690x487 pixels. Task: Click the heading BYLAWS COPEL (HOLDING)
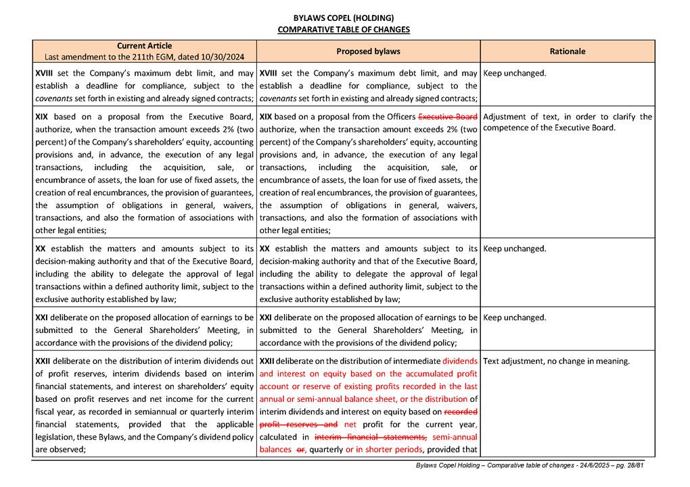point(344,18)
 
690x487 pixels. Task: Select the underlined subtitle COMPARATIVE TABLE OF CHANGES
point(344,30)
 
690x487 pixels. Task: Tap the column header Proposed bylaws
point(368,51)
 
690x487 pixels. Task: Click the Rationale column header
point(568,51)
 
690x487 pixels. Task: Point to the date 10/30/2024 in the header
point(223,57)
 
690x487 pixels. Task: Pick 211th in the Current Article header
point(137,57)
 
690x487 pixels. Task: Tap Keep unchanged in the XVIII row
point(515,73)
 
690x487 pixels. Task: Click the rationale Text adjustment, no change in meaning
point(556,361)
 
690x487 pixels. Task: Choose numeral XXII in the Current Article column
point(43,361)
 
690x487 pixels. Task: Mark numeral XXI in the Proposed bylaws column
point(266,317)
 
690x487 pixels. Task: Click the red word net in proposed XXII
point(350,425)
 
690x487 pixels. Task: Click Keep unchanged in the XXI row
point(515,317)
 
